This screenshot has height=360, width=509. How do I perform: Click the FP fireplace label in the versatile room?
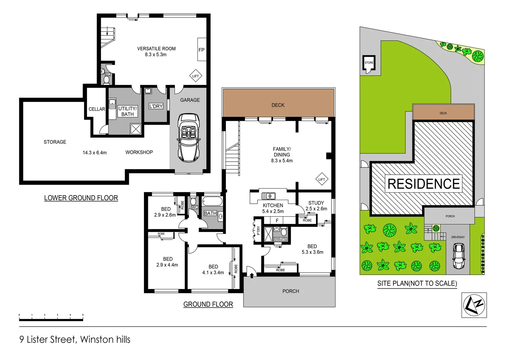(x=202, y=50)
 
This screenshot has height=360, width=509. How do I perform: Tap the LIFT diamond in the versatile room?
(x=196, y=76)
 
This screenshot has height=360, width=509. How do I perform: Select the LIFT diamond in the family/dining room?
(x=321, y=179)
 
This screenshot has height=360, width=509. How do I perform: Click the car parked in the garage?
(x=189, y=138)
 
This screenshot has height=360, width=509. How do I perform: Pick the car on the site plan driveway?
(x=459, y=256)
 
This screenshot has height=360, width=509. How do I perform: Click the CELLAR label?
(x=97, y=109)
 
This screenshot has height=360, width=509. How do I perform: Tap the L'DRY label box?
(x=156, y=106)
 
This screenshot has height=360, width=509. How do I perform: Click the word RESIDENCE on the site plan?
(x=424, y=184)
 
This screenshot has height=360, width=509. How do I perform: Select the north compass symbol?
(x=474, y=305)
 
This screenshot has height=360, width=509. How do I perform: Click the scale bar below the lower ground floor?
(x=51, y=319)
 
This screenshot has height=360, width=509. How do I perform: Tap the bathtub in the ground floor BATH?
(x=212, y=202)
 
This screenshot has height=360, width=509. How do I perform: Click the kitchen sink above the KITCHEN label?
(x=268, y=196)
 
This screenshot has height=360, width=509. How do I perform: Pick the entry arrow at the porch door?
(x=252, y=275)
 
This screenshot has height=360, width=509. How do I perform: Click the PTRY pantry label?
(x=258, y=230)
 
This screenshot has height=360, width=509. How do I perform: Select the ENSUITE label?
(x=280, y=239)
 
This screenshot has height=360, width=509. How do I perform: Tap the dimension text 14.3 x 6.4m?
(x=95, y=153)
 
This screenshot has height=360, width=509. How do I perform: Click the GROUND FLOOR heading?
(x=208, y=304)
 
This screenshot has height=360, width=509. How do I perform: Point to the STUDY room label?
(x=316, y=203)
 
